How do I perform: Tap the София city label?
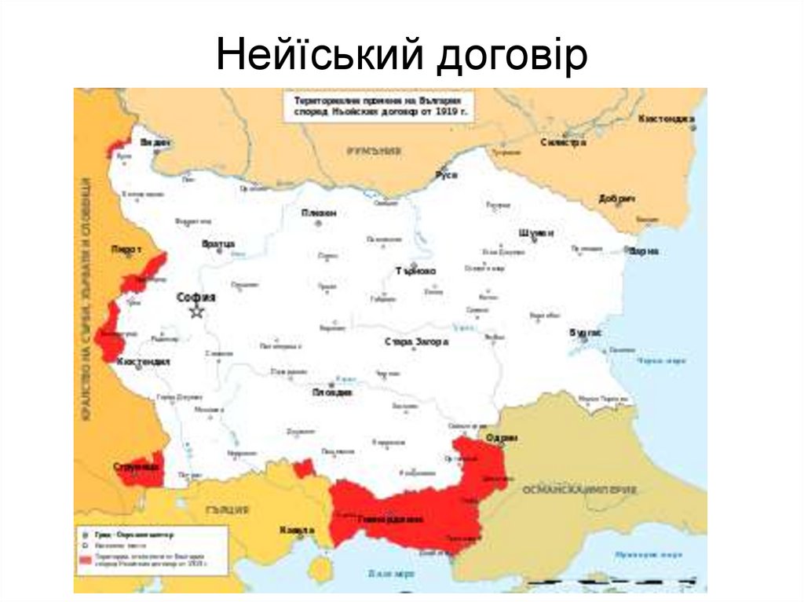tap(196, 297)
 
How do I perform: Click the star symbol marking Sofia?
tap(196, 312)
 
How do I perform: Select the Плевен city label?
tap(320, 213)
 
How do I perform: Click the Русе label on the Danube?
tap(447, 174)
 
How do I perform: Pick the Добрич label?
tap(616, 199)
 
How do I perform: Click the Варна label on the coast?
tap(643, 251)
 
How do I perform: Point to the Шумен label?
tap(536, 233)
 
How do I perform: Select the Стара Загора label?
tap(417, 342)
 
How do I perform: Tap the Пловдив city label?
tap(332, 392)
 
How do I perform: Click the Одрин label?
tap(500, 438)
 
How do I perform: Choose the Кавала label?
tap(297, 531)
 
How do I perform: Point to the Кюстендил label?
tap(143, 363)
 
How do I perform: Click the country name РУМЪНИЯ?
tap(369, 151)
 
